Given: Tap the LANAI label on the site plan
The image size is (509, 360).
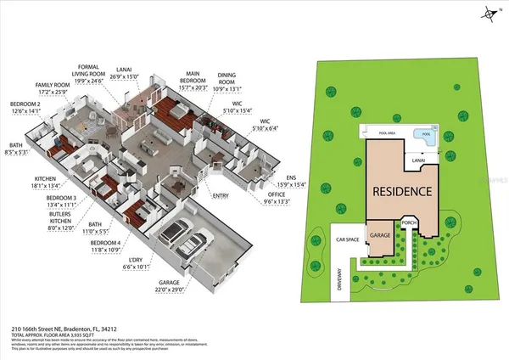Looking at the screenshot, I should click(418, 159).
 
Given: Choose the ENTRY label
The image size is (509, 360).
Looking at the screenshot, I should click(221, 196).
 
